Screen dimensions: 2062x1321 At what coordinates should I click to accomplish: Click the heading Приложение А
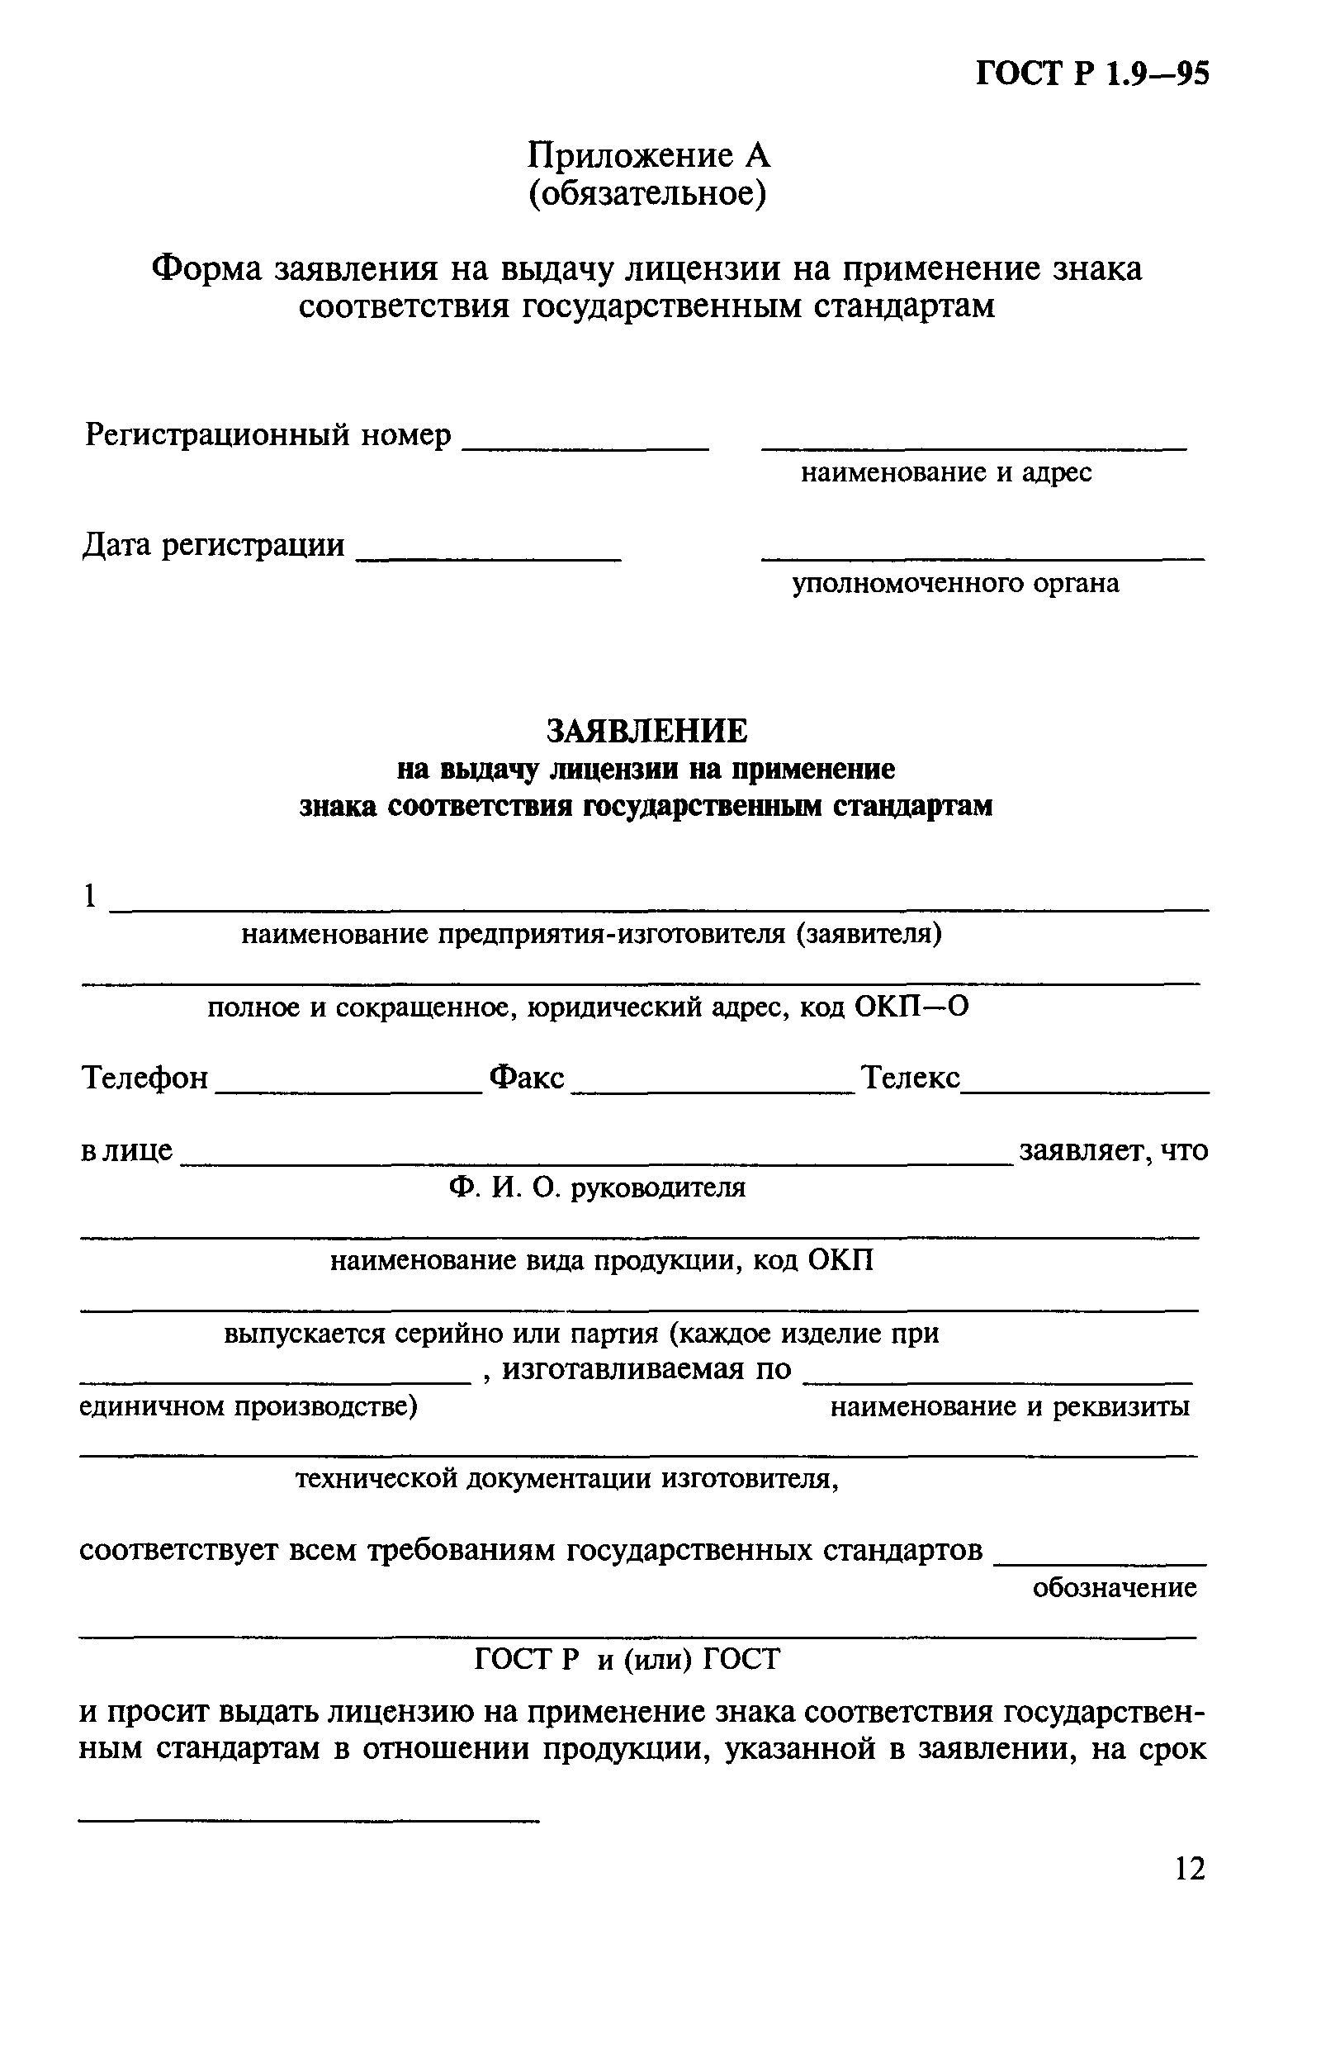648,155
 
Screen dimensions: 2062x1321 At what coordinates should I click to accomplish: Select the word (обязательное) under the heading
646,195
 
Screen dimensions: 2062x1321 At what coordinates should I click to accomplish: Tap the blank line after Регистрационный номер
586,444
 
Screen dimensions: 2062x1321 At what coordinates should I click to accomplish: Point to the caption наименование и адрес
946,472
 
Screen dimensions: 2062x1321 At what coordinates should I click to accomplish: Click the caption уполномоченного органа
955,583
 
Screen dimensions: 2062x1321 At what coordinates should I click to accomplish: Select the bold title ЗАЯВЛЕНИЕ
646,731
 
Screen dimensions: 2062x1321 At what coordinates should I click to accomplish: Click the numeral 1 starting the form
89,896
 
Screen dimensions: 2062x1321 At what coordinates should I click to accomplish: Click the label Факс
527,1078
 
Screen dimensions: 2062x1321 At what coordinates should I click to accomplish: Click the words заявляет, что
1113,1150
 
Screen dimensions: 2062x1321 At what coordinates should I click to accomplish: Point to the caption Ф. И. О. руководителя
596,1188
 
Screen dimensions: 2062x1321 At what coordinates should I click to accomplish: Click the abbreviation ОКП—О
911,1007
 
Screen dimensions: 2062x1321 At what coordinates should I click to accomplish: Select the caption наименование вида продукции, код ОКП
602,1261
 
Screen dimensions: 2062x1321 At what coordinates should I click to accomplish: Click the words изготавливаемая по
646,1370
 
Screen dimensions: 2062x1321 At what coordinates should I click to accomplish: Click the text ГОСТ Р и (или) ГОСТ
627,1660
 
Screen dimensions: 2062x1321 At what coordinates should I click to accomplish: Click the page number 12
1190,1868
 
